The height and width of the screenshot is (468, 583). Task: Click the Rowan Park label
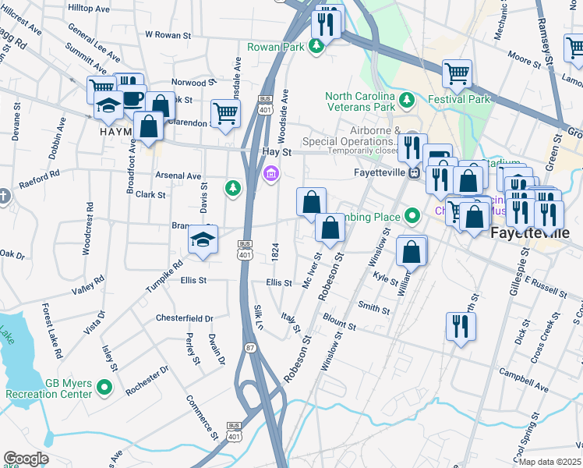pyautogui.click(x=274, y=47)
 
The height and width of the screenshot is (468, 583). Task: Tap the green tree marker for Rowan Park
pyautogui.click(x=316, y=47)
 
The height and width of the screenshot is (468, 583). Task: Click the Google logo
pyautogui.click(x=26, y=459)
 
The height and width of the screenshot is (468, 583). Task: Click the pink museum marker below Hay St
pyautogui.click(x=270, y=172)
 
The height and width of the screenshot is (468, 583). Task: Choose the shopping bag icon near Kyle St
pyautogui.click(x=412, y=252)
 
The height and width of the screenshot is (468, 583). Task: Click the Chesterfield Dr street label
pyautogui.click(x=185, y=318)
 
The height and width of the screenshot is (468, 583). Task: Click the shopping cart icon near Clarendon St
pyautogui.click(x=225, y=113)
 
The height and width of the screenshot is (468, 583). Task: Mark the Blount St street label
pyautogui.click(x=339, y=323)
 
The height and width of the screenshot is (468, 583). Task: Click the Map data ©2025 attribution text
pyautogui.click(x=550, y=461)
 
